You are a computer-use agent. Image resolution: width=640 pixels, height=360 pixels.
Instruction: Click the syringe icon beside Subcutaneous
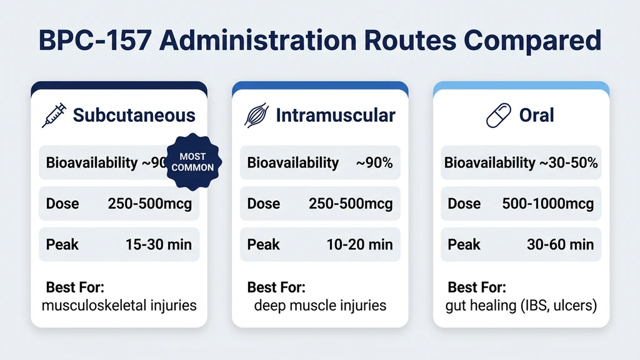coord(54,116)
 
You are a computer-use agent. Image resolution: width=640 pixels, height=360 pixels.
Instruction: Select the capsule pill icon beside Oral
coord(499,116)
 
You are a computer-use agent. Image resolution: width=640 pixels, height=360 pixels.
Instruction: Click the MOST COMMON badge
coord(192,162)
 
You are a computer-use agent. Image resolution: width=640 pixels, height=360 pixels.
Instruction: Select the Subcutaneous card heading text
coord(134,116)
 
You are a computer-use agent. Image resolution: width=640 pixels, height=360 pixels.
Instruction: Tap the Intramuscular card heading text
coord(335,116)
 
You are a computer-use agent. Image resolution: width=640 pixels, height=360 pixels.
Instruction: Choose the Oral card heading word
coord(537,116)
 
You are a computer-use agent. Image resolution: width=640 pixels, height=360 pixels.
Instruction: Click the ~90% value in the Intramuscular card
coord(374,163)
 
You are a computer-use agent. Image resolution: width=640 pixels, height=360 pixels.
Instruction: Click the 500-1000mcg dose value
coord(548,204)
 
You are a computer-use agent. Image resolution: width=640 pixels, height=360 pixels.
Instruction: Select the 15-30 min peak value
coord(159,244)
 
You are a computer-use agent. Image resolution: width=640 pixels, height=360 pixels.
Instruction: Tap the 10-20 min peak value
coord(359,244)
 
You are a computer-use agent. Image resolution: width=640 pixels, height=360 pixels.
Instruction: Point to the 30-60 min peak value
coord(560,244)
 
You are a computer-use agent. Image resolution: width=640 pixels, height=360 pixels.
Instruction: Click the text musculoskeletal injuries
coord(119,306)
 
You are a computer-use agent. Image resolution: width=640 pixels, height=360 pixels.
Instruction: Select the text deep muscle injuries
coord(320,306)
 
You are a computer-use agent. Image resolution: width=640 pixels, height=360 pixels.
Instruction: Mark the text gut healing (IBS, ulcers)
coord(522,306)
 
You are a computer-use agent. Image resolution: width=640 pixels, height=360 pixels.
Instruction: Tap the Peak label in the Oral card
coord(464,244)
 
